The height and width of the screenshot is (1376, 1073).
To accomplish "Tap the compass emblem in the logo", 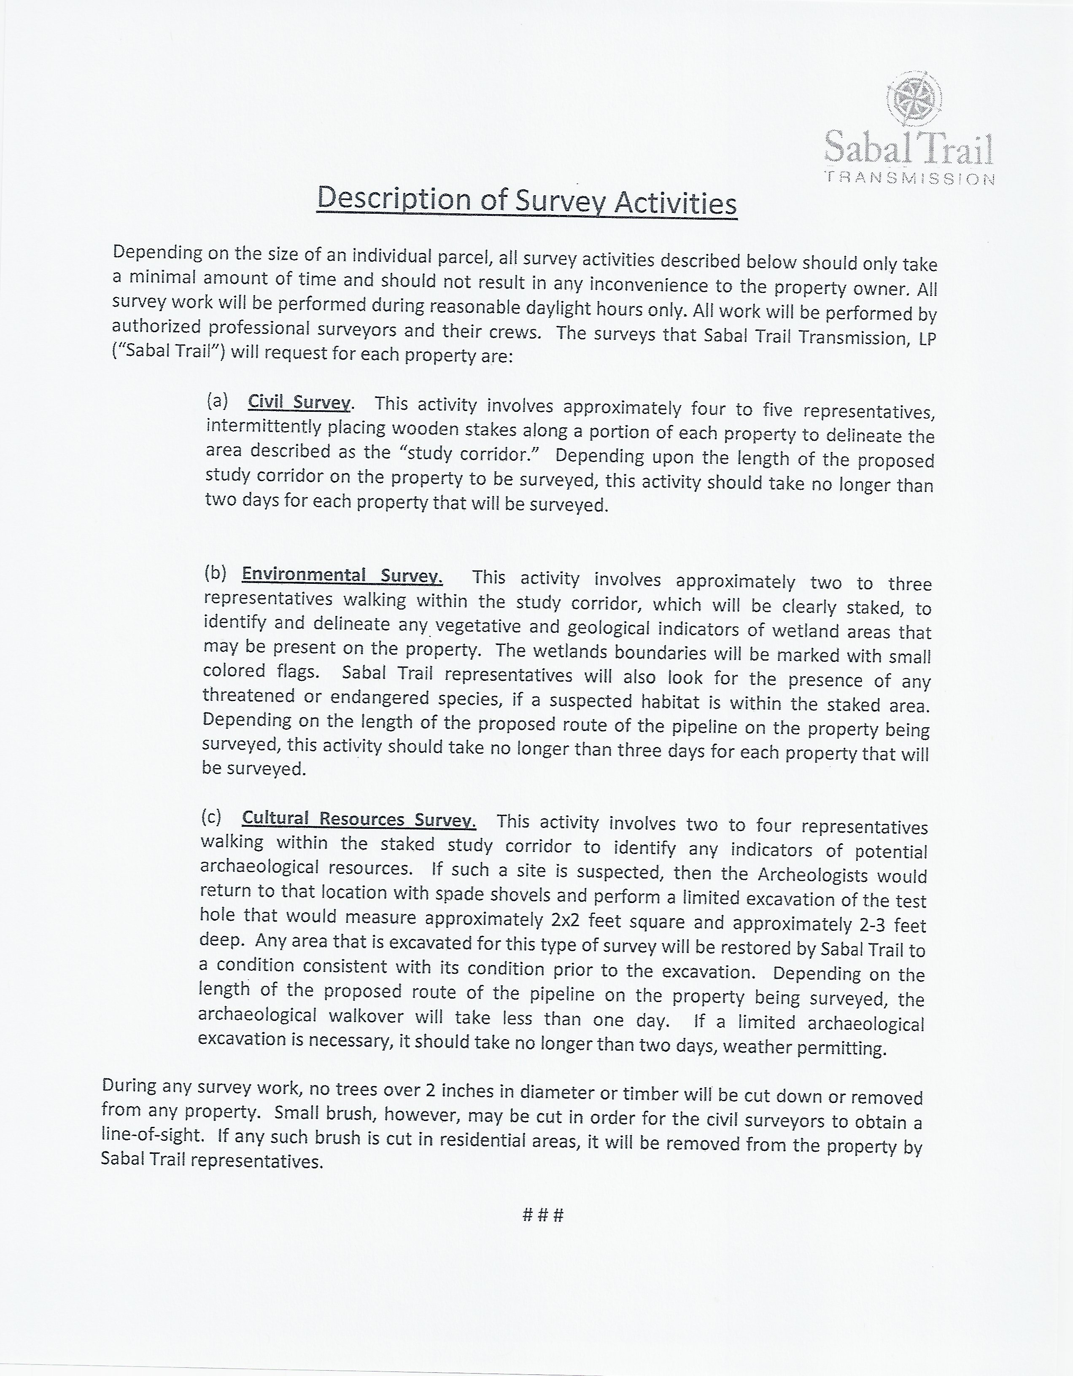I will click(914, 98).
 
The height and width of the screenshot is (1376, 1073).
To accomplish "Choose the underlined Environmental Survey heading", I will click(342, 575).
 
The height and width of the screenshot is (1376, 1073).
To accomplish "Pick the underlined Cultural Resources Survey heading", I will click(359, 818).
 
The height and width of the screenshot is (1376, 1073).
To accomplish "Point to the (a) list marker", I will click(218, 400).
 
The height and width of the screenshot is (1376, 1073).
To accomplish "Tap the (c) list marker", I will click(211, 817).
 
